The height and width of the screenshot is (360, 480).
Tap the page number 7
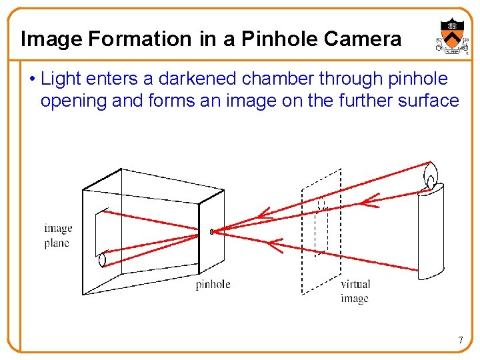pos(460,341)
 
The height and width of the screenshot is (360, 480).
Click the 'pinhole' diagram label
pos(213,285)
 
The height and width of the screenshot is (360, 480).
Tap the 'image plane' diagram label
pos(58,235)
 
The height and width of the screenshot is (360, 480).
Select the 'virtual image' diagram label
pos(355,291)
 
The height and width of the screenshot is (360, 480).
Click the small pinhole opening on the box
pos(211,232)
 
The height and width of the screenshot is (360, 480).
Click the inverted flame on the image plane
pos(102,260)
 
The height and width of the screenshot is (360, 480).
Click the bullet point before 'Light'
pos(32,79)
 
